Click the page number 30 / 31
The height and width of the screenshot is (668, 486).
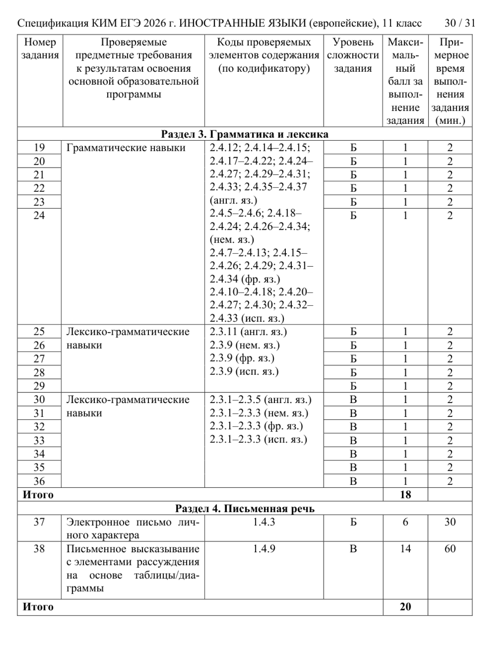(x=459, y=24)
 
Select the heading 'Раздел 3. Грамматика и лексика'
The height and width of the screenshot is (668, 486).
(x=245, y=134)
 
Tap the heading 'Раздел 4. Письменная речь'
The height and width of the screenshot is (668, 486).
(x=245, y=508)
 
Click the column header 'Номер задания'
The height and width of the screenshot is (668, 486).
(x=40, y=49)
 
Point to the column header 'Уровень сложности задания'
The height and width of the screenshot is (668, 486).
(x=353, y=55)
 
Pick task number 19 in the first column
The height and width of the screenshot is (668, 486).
(x=39, y=148)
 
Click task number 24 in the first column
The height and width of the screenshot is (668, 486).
(x=39, y=215)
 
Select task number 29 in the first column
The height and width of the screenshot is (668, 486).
(x=39, y=386)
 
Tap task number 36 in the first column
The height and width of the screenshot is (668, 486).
(x=39, y=481)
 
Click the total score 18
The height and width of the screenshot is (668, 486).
(x=405, y=494)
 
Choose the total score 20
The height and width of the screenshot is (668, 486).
(x=405, y=607)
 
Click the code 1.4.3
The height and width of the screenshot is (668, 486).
(x=264, y=522)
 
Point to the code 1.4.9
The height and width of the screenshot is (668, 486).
(x=264, y=548)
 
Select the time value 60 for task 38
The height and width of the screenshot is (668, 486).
(x=450, y=548)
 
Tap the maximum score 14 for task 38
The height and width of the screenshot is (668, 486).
(x=405, y=548)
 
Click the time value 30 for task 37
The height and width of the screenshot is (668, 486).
(x=450, y=522)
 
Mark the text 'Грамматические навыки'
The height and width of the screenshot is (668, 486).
(x=126, y=148)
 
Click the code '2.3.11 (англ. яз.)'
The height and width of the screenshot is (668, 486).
(x=248, y=332)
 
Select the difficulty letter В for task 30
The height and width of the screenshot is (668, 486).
(x=353, y=400)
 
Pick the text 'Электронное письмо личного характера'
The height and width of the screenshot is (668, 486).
(x=133, y=528)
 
